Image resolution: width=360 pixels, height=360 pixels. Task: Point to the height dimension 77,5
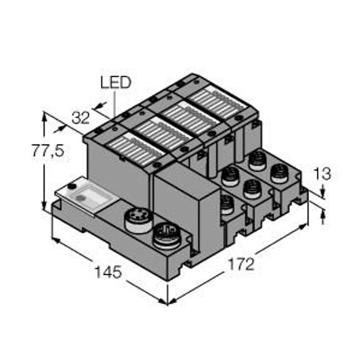point(47,151)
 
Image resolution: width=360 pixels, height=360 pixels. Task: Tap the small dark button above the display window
point(73,187)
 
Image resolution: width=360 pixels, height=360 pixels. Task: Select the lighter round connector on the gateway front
point(136,220)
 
